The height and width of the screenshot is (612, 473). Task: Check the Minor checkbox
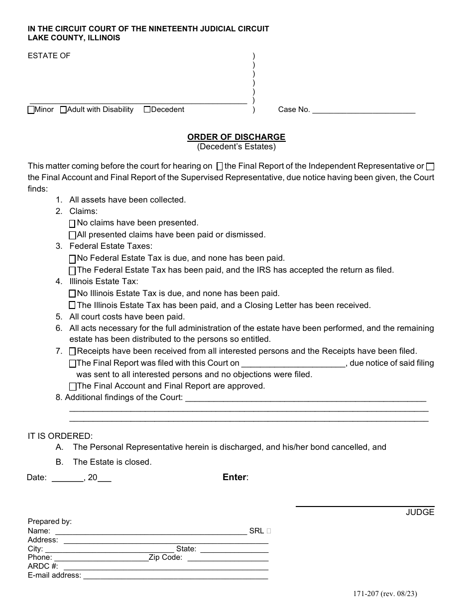[31, 110]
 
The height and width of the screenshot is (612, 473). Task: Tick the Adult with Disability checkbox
[63, 110]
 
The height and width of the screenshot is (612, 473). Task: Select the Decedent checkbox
[147, 109]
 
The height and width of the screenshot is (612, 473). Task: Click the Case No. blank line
[363, 110]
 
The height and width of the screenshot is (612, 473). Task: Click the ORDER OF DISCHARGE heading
[236, 137]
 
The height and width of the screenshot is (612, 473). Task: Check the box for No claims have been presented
[72, 224]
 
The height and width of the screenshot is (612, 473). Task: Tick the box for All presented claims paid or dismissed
[72, 235]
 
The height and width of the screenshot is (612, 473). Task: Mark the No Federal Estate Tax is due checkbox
[72, 259]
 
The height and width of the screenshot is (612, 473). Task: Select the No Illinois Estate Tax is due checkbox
[72, 294]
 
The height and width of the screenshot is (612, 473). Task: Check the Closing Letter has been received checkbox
[72, 306]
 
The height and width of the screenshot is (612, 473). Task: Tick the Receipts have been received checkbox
[73, 352]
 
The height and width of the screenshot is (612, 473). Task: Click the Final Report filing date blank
[293, 363]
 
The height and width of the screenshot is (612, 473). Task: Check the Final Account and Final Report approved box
[73, 387]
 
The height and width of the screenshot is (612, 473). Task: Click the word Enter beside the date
[235, 477]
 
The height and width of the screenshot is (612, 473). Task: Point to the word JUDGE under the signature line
[420, 512]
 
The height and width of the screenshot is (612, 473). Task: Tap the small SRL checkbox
[269, 531]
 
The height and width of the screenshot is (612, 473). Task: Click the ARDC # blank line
[166, 566]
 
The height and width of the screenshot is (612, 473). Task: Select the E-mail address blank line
[175, 575]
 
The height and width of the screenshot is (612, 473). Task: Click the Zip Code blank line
[226, 558]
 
